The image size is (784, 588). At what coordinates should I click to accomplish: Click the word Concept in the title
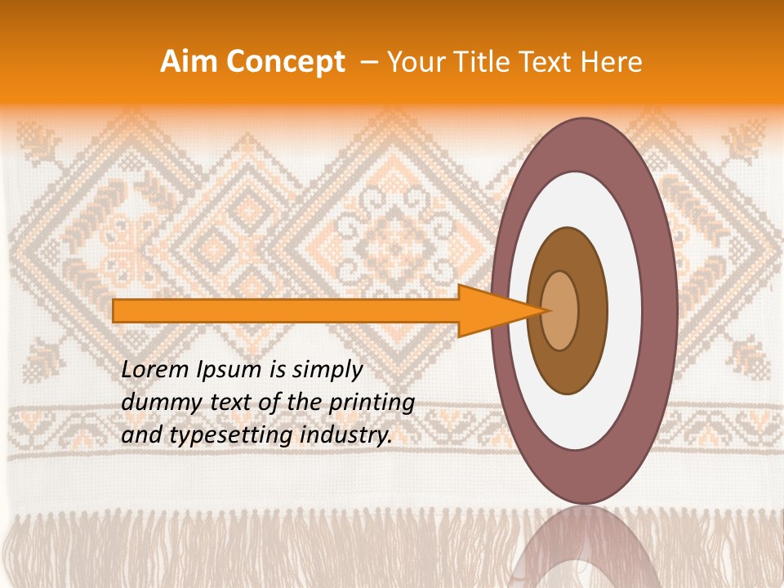click(x=286, y=62)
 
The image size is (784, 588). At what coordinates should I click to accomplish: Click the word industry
click(x=346, y=436)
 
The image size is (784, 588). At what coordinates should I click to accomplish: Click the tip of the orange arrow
click(x=546, y=310)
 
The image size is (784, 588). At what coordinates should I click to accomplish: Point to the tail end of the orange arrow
click(x=115, y=310)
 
